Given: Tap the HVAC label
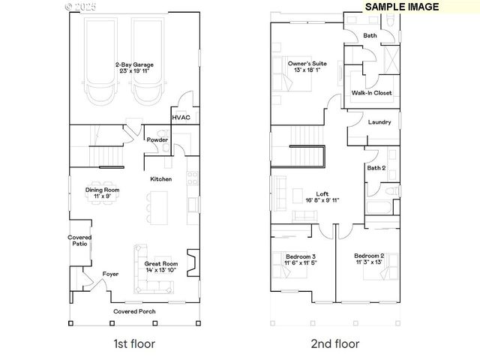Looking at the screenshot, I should click(x=181, y=117).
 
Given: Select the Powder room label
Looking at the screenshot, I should click(x=157, y=139).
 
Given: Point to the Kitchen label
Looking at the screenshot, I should click(x=161, y=179).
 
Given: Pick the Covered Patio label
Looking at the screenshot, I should click(x=80, y=241).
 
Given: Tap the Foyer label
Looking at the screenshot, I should click(x=110, y=274).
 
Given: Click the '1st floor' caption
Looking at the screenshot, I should click(x=135, y=344).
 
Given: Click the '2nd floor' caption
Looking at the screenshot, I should click(x=334, y=344).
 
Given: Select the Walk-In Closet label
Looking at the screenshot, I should click(x=371, y=93).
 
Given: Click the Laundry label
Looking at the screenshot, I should click(x=379, y=121).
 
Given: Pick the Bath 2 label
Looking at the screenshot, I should click(x=376, y=168).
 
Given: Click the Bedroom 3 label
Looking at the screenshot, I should click(x=300, y=260).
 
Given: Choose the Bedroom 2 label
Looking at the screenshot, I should click(x=369, y=259).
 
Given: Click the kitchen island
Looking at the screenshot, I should click(x=158, y=201).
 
